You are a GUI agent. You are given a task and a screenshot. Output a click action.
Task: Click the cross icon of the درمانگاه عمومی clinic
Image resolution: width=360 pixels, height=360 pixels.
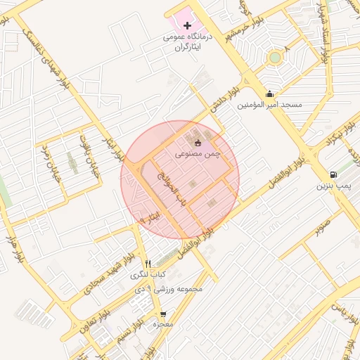186,25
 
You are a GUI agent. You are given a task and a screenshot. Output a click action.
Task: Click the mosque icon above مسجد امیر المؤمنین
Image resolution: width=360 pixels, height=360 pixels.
269,94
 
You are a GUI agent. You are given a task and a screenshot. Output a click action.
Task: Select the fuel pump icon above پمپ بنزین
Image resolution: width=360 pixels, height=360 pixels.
332,174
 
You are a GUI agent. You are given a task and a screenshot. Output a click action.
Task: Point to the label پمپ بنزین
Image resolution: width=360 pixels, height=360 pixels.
332,186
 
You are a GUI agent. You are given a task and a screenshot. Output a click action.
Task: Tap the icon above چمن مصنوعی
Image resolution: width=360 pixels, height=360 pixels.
198,143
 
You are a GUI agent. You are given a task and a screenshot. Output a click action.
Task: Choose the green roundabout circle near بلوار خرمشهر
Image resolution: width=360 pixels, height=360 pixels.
275,58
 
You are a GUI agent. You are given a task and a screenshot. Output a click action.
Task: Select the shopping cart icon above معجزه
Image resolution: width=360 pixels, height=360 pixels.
163,314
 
